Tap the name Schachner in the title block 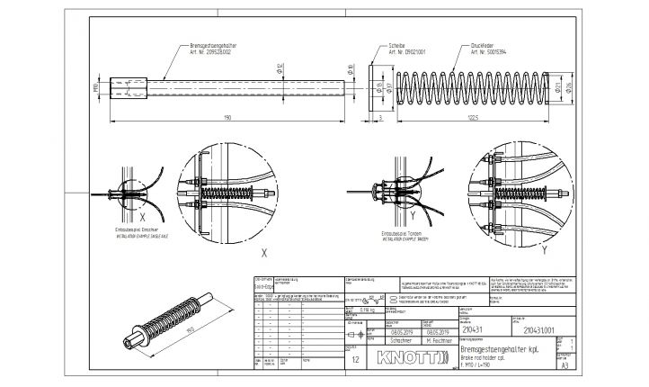click(x=402, y=342)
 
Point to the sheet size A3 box click(x=565, y=367)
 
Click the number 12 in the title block click(x=358, y=359)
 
